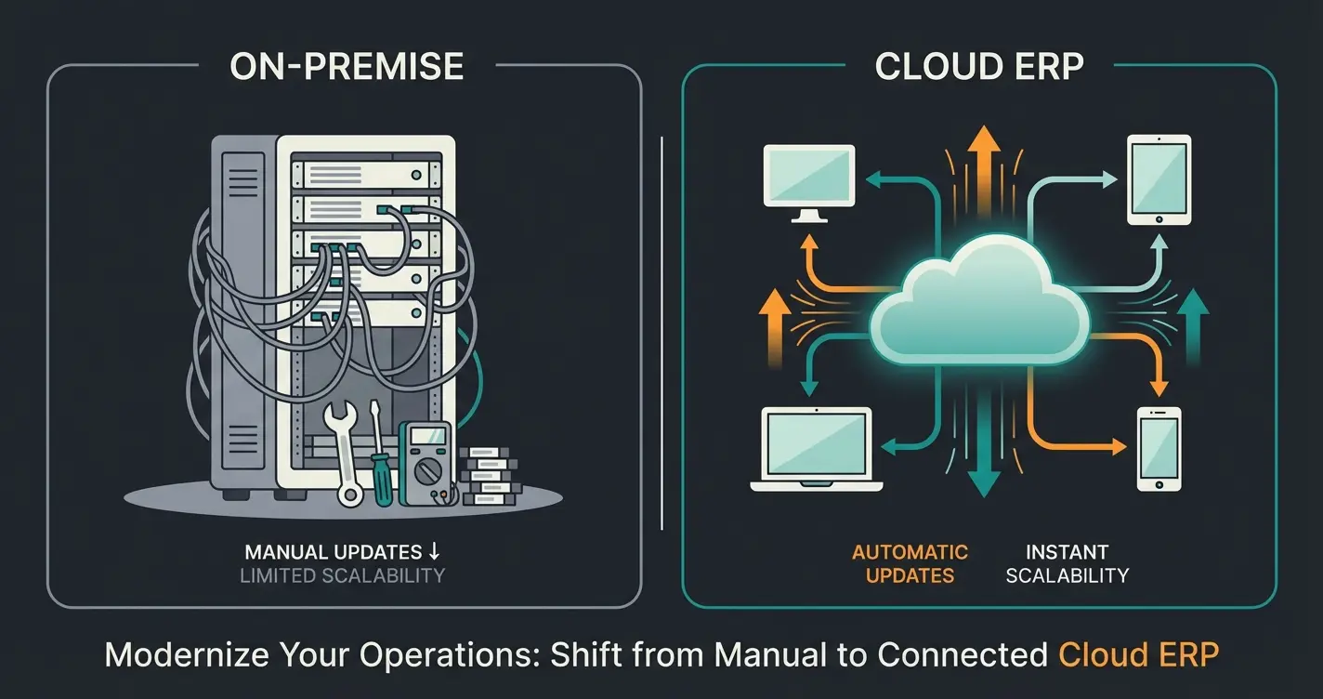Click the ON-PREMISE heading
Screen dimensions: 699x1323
click(x=347, y=66)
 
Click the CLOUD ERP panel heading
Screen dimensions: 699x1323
click(x=979, y=66)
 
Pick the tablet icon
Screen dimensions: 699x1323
click(x=1159, y=179)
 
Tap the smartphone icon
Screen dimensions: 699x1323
click(x=1159, y=449)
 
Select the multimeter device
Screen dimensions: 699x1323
click(x=426, y=464)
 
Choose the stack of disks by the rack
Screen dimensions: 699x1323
click(x=490, y=475)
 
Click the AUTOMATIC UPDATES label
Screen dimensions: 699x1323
click(x=910, y=563)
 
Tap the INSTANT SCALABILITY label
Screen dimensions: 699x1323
click(x=1067, y=563)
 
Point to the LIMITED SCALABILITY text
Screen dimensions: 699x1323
click(x=342, y=575)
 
